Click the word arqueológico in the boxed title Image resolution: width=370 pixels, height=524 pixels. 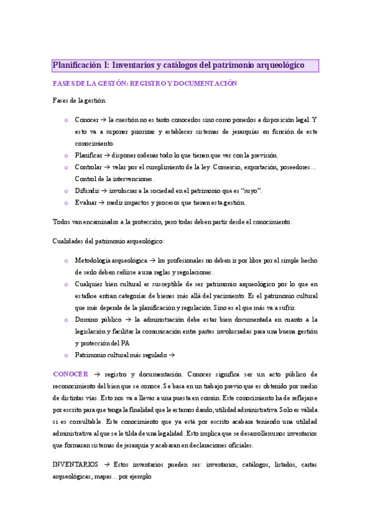coord(278,64)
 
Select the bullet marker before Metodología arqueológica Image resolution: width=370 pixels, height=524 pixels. coord(66,261)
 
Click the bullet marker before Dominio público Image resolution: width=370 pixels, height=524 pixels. coord(66,319)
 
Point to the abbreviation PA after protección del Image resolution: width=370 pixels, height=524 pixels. coord(125,343)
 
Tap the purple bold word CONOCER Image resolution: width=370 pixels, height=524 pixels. coord(71,374)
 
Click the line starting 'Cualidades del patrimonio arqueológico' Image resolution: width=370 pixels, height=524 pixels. coord(108,241)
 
